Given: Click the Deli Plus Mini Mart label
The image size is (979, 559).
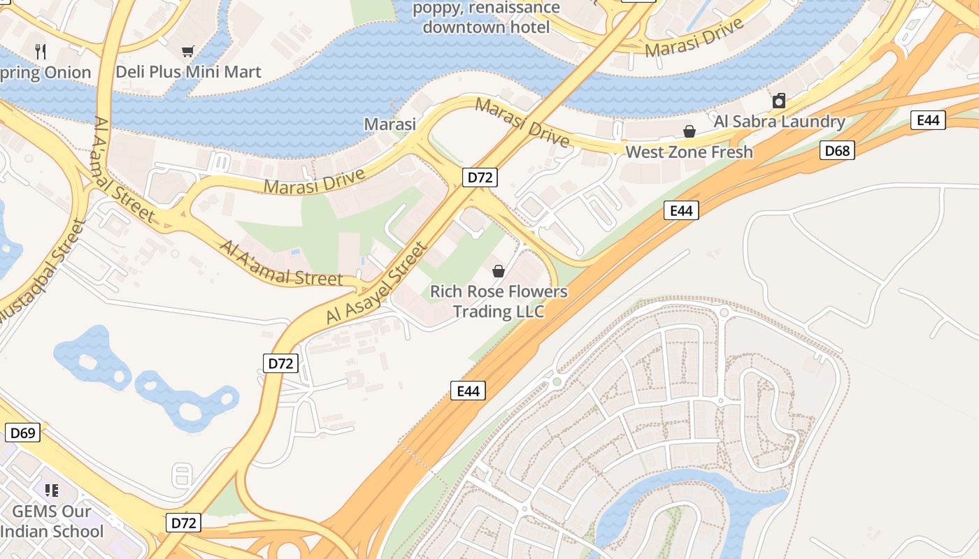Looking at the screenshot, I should click(x=188, y=71).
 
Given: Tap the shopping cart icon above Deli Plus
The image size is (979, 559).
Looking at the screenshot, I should click(x=187, y=51).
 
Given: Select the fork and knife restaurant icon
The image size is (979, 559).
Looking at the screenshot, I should click(x=41, y=51).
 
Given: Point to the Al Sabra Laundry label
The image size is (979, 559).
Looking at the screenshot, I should click(x=779, y=122).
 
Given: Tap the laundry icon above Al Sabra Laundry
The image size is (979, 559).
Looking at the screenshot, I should click(x=779, y=101).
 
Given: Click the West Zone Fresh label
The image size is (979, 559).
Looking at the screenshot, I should click(x=689, y=152).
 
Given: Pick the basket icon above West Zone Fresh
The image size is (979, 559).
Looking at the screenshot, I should click(x=689, y=131).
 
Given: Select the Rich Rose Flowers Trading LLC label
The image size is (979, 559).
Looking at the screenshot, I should click(x=499, y=301).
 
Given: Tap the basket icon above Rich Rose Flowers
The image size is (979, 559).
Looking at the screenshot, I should click(x=499, y=271).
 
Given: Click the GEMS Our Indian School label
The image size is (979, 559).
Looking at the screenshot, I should click(x=52, y=521).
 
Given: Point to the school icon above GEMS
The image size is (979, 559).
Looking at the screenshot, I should click(x=51, y=491).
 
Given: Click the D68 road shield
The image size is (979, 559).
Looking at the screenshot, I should click(x=837, y=150).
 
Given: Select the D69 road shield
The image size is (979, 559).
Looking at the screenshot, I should click(x=23, y=433).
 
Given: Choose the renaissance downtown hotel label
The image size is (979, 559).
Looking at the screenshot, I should click(x=486, y=18).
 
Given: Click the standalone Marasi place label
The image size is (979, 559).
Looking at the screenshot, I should click(x=390, y=124).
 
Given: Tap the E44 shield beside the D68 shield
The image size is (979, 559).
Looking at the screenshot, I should click(x=928, y=120).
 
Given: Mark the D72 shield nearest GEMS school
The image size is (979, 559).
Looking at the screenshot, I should click(x=184, y=523).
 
